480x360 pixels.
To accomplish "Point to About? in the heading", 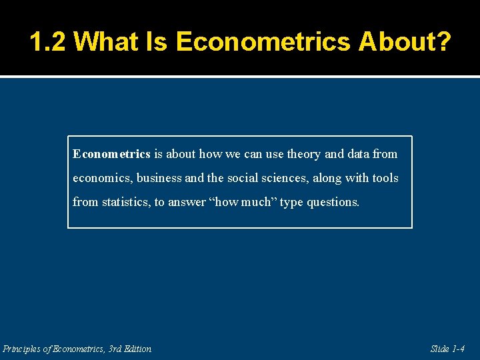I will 405,41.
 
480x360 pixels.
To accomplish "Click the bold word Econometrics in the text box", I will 111,154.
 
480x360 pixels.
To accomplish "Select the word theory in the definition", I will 303,154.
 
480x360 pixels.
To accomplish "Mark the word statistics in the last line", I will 125,202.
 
